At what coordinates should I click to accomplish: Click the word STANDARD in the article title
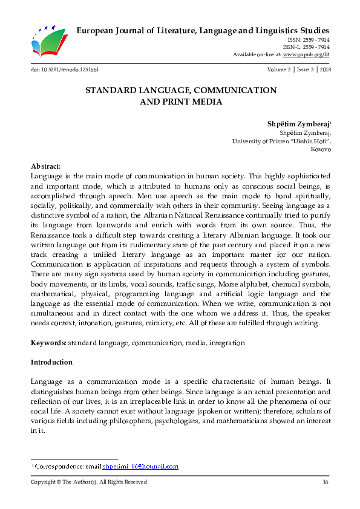tap(111, 90)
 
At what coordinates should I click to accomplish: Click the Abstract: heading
tap(45, 166)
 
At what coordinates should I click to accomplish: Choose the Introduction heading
tap(51, 362)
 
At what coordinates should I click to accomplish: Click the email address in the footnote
tap(140, 467)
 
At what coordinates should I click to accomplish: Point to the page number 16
tap(325, 482)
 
